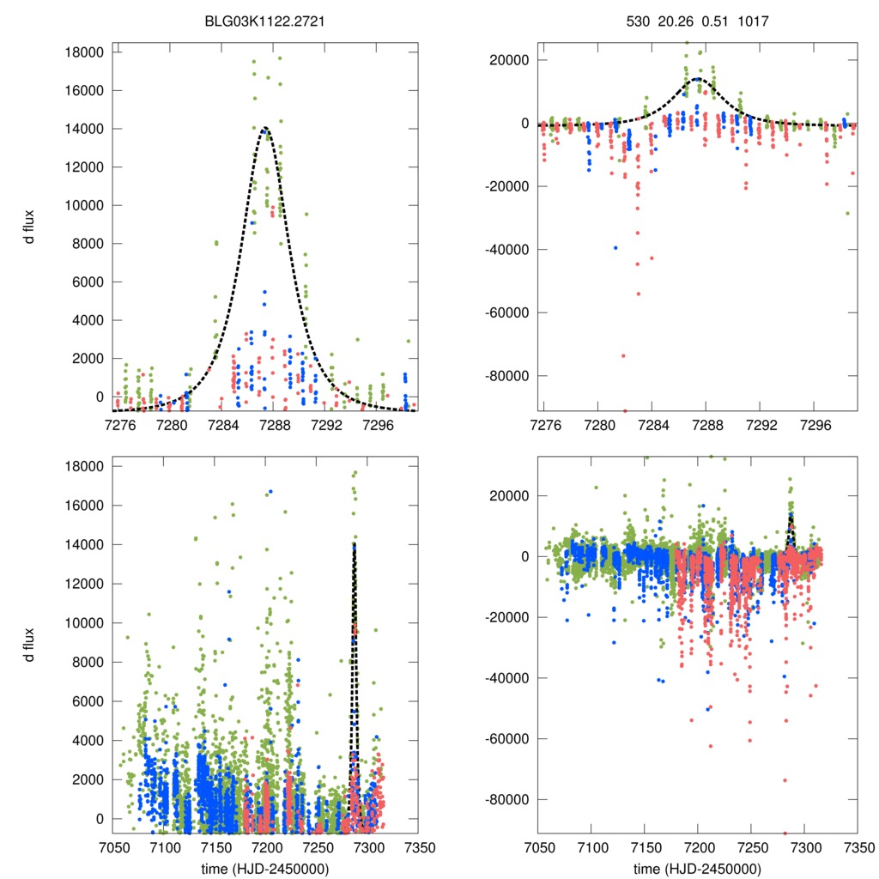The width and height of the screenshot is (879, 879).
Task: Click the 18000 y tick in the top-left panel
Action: coord(84,52)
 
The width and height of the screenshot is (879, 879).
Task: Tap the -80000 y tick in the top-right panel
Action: coord(508,376)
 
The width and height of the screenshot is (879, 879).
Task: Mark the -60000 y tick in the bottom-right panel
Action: coord(508,739)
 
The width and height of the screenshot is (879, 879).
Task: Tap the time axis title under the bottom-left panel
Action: coord(265,868)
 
